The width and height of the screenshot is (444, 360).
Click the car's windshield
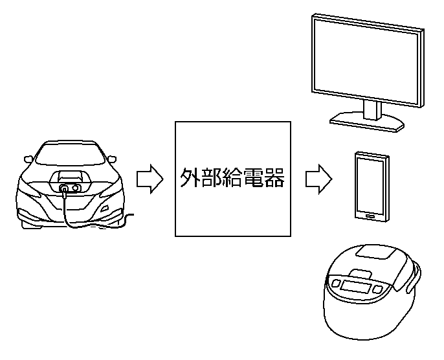point(71,154)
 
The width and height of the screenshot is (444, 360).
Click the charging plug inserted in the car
point(64,188)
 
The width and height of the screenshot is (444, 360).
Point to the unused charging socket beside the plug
point(76,188)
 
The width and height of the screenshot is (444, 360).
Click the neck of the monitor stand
point(372,109)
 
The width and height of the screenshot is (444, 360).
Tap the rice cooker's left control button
point(336,284)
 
